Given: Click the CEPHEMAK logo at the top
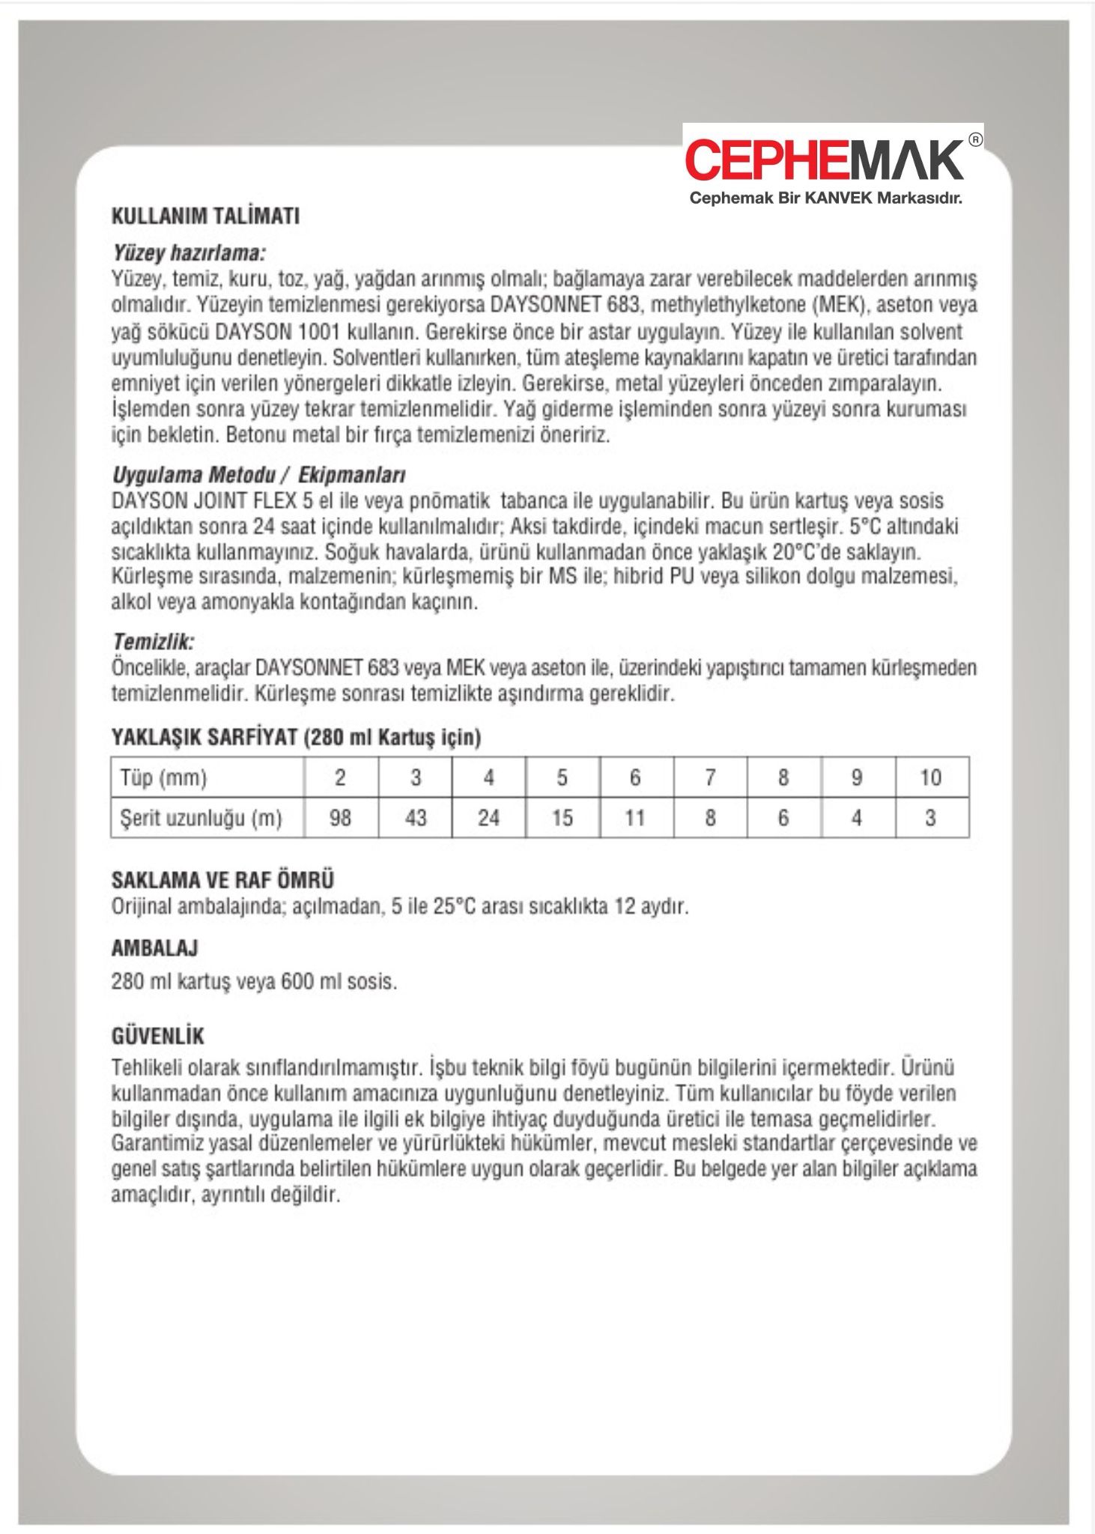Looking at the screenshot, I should click(824, 160).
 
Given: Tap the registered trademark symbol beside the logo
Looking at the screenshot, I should click(975, 139).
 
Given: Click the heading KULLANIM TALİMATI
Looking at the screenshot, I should click(205, 216).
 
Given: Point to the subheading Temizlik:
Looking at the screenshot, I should click(153, 642).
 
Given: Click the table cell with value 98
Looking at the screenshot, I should click(340, 817).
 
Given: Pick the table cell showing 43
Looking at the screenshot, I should click(415, 817).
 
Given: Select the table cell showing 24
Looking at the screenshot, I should click(488, 817).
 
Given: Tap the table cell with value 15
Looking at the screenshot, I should click(562, 817).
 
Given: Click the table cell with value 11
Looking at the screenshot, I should click(635, 817).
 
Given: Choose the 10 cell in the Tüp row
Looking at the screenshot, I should click(930, 777).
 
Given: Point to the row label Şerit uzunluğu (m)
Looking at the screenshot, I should click(201, 818).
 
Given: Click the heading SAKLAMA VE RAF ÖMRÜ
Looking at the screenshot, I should click(222, 879).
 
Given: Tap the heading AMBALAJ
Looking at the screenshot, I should click(154, 948).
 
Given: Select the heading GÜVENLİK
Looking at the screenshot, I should click(157, 1037).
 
